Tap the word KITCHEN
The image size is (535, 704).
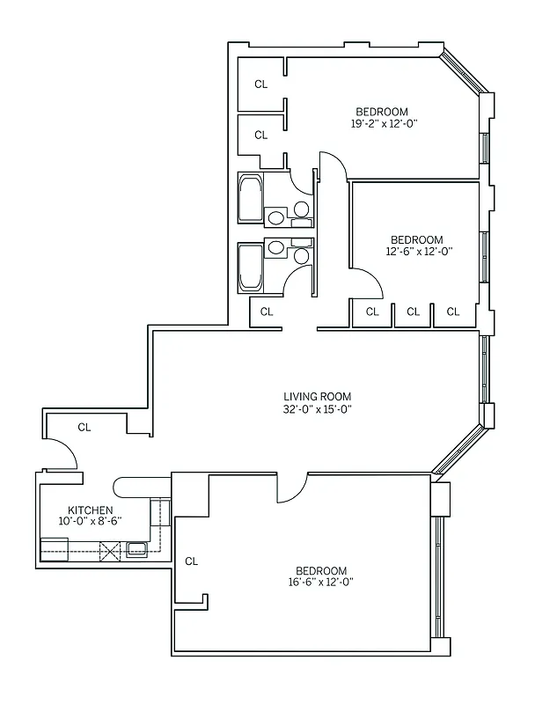point(91,510)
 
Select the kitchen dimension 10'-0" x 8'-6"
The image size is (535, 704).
point(91,521)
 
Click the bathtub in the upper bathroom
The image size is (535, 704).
point(250,200)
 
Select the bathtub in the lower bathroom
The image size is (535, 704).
point(250,268)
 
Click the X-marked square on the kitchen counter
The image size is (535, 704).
point(111,552)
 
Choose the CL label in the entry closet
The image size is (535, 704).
point(84,428)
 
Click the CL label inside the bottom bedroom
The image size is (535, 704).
point(192,561)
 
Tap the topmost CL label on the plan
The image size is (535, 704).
point(260,84)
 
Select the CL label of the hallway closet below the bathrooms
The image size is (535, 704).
point(267,312)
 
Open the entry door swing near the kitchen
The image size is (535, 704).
point(67,453)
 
